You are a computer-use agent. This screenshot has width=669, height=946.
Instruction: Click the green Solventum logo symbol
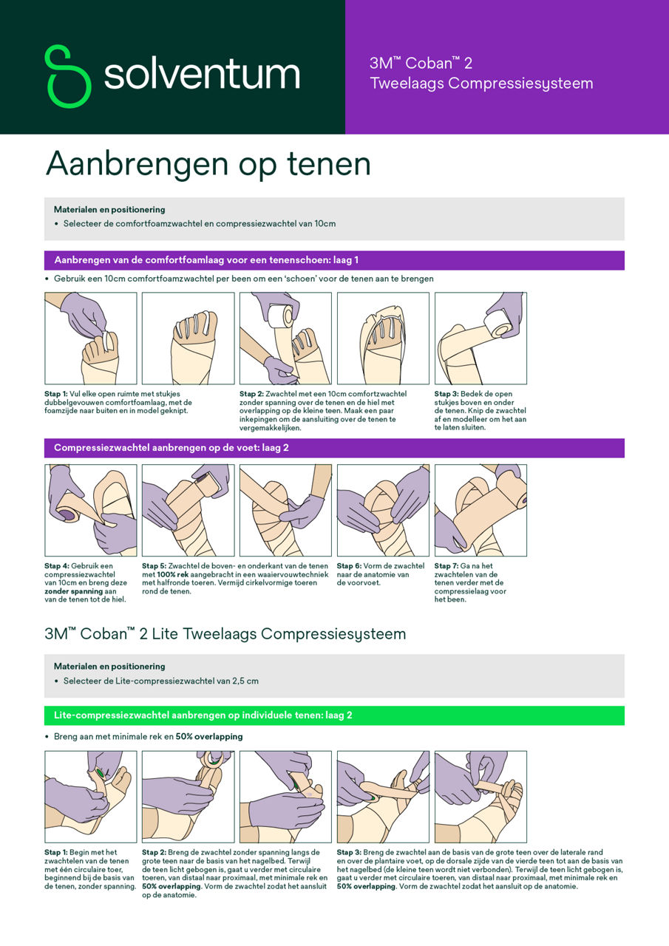[67, 75]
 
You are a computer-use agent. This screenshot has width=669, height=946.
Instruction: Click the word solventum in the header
[201, 75]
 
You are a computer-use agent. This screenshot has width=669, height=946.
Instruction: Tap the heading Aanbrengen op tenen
[208, 163]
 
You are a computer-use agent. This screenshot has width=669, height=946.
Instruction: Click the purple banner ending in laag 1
[334, 260]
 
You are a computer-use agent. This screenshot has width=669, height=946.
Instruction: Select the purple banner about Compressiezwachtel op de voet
[334, 448]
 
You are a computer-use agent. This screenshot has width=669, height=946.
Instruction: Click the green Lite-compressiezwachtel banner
[334, 715]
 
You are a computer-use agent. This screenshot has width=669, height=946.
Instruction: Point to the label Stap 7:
[446, 566]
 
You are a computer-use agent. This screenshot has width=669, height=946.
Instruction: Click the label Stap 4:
[57, 566]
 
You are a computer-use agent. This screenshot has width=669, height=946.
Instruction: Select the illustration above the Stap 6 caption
[383, 510]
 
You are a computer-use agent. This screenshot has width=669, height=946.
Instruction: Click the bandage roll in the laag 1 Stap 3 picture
[500, 322]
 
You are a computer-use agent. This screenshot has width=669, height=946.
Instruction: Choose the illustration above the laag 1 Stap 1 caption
[91, 338]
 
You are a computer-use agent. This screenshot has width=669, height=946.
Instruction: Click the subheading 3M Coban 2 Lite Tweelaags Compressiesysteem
[225, 634]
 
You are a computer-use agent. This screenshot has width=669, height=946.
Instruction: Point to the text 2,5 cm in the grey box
[243, 681]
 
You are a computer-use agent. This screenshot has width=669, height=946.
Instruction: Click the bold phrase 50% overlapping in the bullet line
[208, 737]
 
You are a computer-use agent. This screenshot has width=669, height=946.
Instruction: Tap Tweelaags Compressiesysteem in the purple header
[481, 84]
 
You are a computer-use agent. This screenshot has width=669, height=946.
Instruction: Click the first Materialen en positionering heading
[109, 210]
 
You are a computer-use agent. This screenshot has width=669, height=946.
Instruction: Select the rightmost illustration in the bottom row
[480, 797]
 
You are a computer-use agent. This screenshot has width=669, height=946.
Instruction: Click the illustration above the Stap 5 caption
[188, 510]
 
